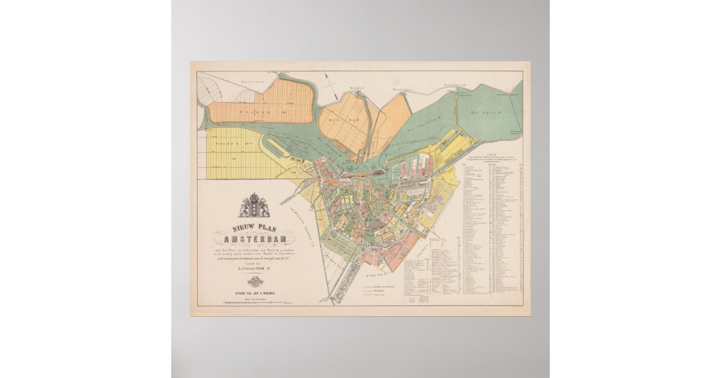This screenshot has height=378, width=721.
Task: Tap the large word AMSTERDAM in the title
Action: click(254, 239)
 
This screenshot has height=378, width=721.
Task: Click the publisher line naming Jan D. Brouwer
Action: click(255, 293)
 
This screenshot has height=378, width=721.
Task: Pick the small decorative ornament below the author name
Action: click(255, 281)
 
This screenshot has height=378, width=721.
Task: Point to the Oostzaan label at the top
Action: click(236, 80)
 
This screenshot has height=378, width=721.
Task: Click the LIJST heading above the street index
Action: click(491, 154)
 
